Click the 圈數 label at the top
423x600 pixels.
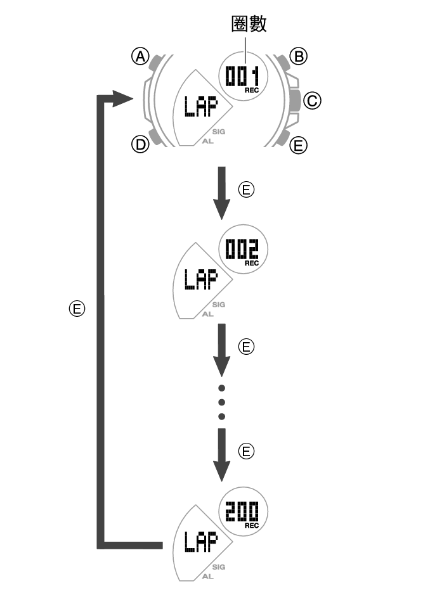(x=248, y=24)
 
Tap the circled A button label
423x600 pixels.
(x=140, y=57)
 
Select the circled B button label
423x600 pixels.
(x=298, y=56)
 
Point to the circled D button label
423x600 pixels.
(x=140, y=144)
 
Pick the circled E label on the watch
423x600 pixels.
(x=298, y=146)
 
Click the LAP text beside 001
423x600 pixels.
(x=199, y=108)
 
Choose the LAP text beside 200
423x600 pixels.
(x=200, y=542)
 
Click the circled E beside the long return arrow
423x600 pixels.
(x=76, y=309)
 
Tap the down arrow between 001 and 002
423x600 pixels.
(x=221, y=193)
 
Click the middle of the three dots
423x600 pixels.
(x=221, y=402)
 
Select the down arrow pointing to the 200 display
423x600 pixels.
(x=221, y=455)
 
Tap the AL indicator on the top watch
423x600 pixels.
(x=208, y=142)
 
